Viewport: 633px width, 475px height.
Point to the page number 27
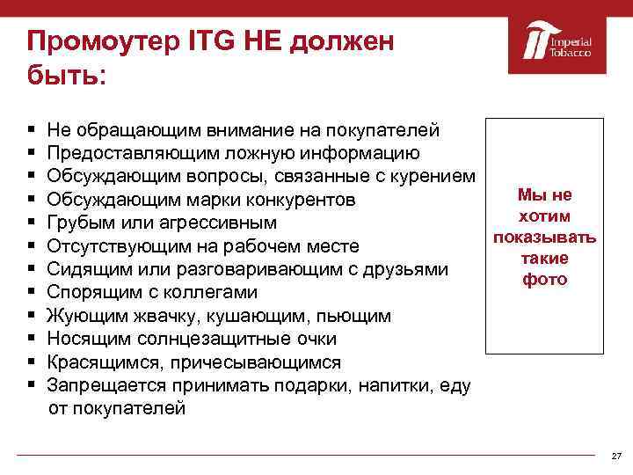pyautogui.click(x=615, y=457)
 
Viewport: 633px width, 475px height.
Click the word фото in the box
pyautogui.click(x=545, y=280)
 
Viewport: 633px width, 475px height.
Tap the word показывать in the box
pyautogui.click(x=545, y=237)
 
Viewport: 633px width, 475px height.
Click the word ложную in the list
pyautogui.click(x=264, y=152)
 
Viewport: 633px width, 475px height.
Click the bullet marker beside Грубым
pyautogui.click(x=31, y=223)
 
